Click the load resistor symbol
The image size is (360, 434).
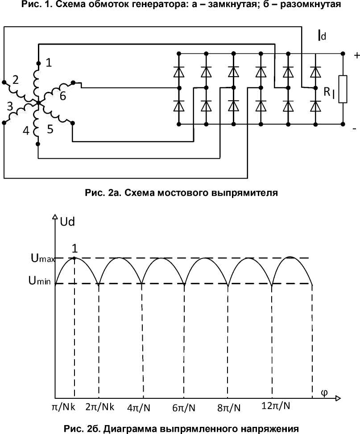click(x=343, y=89)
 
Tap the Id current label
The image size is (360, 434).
click(x=322, y=35)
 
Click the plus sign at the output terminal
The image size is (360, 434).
click(x=356, y=55)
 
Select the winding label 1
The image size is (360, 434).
click(x=49, y=62)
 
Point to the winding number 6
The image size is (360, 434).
click(x=63, y=96)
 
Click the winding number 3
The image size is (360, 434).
click(x=10, y=106)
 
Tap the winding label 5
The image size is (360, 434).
click(x=50, y=129)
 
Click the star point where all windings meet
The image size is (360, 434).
click(x=38, y=102)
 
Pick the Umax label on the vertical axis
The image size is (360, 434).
click(x=43, y=258)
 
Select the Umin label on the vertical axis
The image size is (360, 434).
click(x=40, y=281)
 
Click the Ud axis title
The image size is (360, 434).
click(x=67, y=221)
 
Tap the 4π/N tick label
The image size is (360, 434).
click(x=139, y=407)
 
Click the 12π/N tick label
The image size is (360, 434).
click(x=276, y=406)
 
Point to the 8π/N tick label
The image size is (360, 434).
click(x=229, y=408)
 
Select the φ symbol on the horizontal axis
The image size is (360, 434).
click(x=324, y=393)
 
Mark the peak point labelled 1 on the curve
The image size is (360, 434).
click(x=74, y=258)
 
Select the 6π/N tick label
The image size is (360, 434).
click(x=184, y=408)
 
